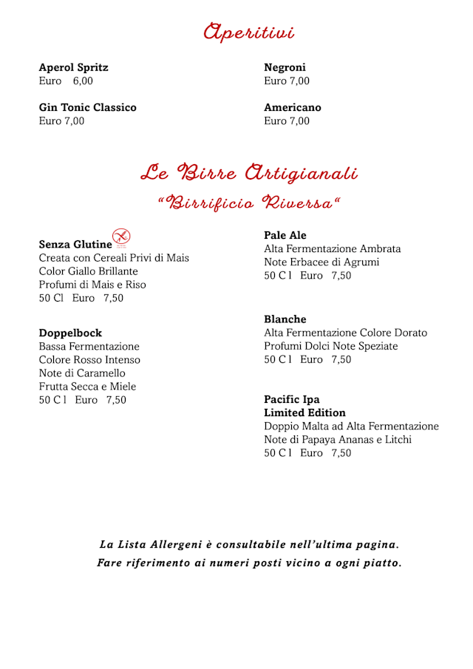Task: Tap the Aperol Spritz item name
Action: click(x=73, y=67)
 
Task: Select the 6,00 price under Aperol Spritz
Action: click(x=83, y=81)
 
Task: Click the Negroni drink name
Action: click(x=285, y=67)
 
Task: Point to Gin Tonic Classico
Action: click(x=87, y=107)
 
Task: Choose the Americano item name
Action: click(x=293, y=107)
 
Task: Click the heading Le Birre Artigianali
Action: click(x=249, y=174)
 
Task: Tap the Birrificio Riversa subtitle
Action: click(x=249, y=203)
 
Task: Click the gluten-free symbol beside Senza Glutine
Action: click(x=121, y=237)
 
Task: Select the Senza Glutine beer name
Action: click(x=75, y=244)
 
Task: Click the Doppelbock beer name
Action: click(x=70, y=333)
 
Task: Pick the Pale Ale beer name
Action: click(x=285, y=235)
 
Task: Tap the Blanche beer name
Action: click(x=285, y=319)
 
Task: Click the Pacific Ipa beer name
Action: click(x=292, y=400)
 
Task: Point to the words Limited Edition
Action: click(x=304, y=413)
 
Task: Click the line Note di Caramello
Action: click(x=82, y=373)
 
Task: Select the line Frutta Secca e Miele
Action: click(x=87, y=387)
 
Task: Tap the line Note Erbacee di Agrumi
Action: click(x=321, y=262)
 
